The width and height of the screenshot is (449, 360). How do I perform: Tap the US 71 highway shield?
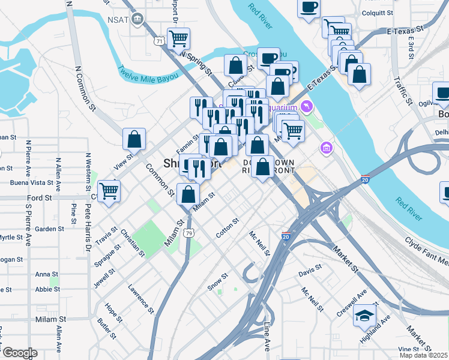point(158,41)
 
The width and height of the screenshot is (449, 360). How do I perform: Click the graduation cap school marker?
point(364,316)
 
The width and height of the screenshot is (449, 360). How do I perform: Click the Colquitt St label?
point(377,13)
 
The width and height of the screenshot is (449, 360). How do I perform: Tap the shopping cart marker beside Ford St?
point(109,191)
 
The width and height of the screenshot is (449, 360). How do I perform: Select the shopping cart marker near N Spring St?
point(178,39)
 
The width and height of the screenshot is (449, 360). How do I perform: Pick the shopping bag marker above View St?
point(134,139)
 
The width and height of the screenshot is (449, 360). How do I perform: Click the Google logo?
point(19,353)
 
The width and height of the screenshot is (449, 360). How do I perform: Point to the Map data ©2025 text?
point(424,355)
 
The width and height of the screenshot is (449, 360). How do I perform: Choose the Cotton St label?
point(228,229)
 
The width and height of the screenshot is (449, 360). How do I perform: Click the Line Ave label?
point(267,336)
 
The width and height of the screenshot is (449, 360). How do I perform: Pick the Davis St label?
point(307,271)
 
